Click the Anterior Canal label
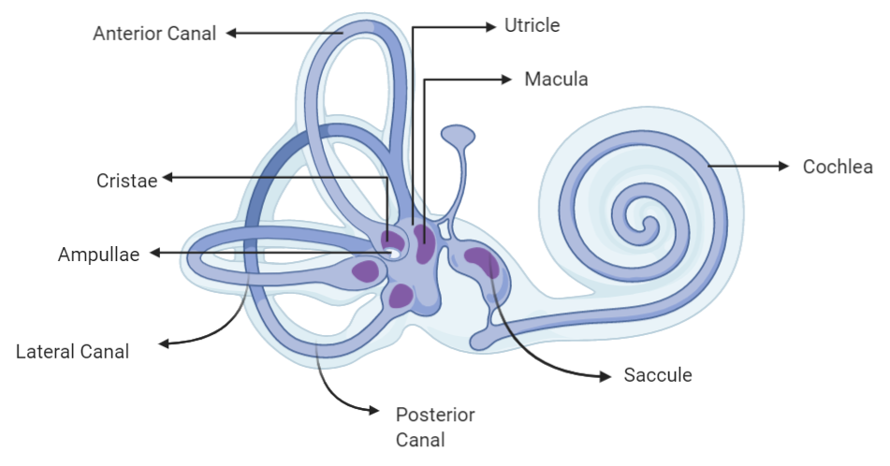(154, 34)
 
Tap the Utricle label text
(532, 25)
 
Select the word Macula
(556, 80)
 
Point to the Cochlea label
(838, 167)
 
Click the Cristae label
(126, 179)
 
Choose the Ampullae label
(98, 254)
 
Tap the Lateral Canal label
(72, 352)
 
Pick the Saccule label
(657, 375)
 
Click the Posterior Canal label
(434, 426)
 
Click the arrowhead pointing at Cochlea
(783, 167)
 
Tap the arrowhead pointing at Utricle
(489, 27)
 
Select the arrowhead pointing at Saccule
(604, 376)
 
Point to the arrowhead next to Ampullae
(156, 253)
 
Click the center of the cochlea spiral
(645, 222)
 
